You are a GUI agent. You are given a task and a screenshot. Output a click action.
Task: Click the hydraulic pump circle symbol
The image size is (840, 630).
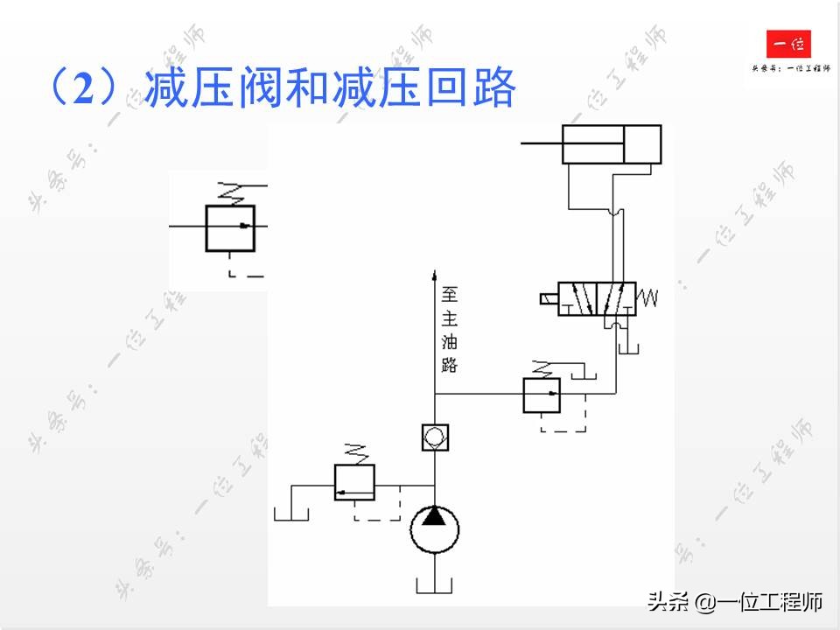coord(435,527)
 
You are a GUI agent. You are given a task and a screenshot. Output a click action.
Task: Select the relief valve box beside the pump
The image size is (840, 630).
coord(354,482)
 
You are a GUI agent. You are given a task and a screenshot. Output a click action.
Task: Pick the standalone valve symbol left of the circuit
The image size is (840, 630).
coord(229,227)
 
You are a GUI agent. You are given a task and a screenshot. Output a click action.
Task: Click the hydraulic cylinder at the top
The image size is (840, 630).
coord(612,144)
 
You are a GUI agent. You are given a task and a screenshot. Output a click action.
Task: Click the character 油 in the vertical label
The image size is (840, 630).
coord(450,341)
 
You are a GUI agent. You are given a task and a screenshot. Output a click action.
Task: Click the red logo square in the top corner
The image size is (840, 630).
coord(788,44)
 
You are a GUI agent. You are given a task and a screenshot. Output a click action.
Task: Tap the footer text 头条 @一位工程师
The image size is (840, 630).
coord(735,602)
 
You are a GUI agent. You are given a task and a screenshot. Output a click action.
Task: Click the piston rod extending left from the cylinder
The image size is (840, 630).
coord(541,143)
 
